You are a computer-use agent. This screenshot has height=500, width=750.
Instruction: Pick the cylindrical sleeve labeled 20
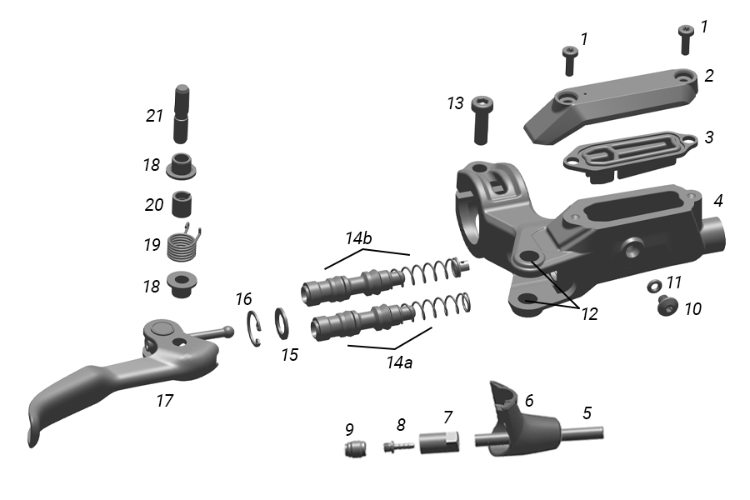click(x=183, y=202)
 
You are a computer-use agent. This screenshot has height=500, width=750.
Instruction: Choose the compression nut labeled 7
click(x=439, y=439)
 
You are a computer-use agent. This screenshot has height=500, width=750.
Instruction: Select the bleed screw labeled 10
click(x=666, y=305)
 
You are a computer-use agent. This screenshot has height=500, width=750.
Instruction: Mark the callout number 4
click(x=717, y=201)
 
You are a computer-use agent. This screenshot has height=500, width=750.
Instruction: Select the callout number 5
click(x=587, y=412)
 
